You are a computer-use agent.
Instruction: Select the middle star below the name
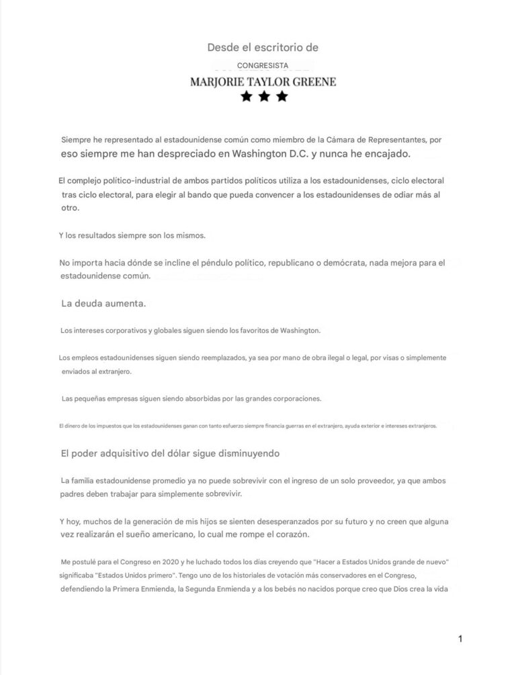[264, 97]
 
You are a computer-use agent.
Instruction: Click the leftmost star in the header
[247, 97]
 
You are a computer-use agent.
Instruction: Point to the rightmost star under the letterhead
[282, 97]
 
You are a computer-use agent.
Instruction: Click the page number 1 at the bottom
[460, 639]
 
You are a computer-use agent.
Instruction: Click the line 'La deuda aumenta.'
[103, 303]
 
